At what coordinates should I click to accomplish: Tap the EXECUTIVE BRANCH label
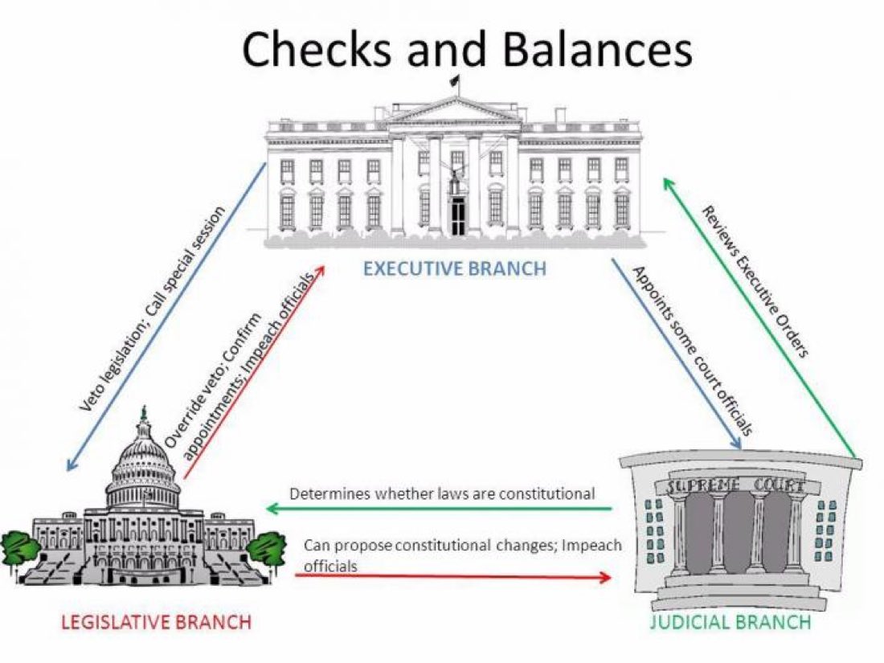point(454,268)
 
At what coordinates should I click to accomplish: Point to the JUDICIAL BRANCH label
point(730,621)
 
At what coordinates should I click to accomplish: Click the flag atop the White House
point(455,80)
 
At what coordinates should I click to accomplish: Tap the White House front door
point(457,215)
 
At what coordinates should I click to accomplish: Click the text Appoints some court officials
point(693,351)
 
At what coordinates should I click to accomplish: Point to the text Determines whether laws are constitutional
point(442,493)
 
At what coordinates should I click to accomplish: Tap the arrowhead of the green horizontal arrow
point(272,509)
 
